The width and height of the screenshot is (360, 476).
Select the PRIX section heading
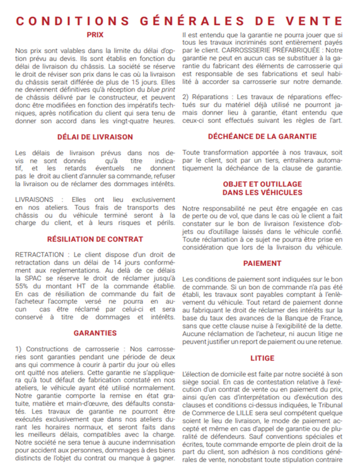point(95,34)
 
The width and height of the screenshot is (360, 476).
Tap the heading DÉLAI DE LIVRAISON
point(95,137)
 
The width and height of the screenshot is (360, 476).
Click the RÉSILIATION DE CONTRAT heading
point(95,239)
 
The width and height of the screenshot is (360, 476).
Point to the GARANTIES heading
point(95,333)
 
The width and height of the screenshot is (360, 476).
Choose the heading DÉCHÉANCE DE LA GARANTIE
point(262,137)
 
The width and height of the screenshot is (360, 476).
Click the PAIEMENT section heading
point(262,264)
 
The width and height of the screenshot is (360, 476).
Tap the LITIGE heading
point(262,358)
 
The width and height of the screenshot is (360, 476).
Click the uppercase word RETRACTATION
point(39,255)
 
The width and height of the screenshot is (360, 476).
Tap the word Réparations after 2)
point(212,97)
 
